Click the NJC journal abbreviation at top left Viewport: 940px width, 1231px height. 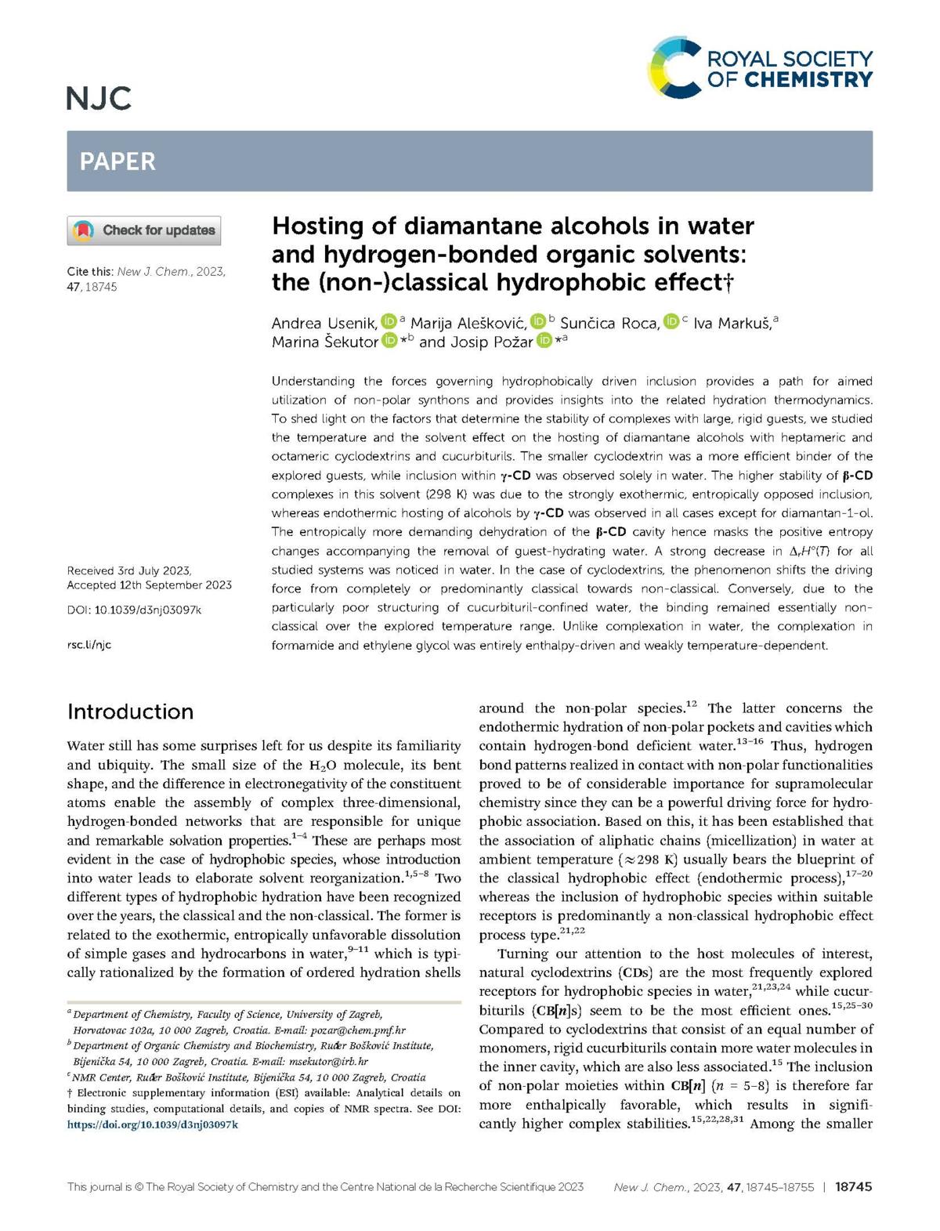pyautogui.click(x=99, y=99)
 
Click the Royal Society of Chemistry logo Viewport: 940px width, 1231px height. pyautogui.click(x=760, y=68)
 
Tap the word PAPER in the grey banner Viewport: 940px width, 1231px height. pyautogui.click(x=117, y=161)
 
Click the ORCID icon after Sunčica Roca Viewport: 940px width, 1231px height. pyautogui.click(x=671, y=322)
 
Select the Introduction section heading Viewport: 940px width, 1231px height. pyautogui.click(x=130, y=711)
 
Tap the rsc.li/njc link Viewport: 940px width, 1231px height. pyautogui.click(x=89, y=644)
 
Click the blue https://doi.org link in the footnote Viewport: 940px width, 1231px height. pyautogui.click(x=153, y=1124)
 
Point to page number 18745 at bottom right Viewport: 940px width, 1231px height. pyautogui.click(x=853, y=1187)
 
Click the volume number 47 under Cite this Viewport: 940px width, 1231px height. pyautogui.click(x=74, y=287)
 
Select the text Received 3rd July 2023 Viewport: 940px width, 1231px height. pyautogui.click(x=129, y=570)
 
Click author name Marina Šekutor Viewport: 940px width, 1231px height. pyautogui.click(x=324, y=342)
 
